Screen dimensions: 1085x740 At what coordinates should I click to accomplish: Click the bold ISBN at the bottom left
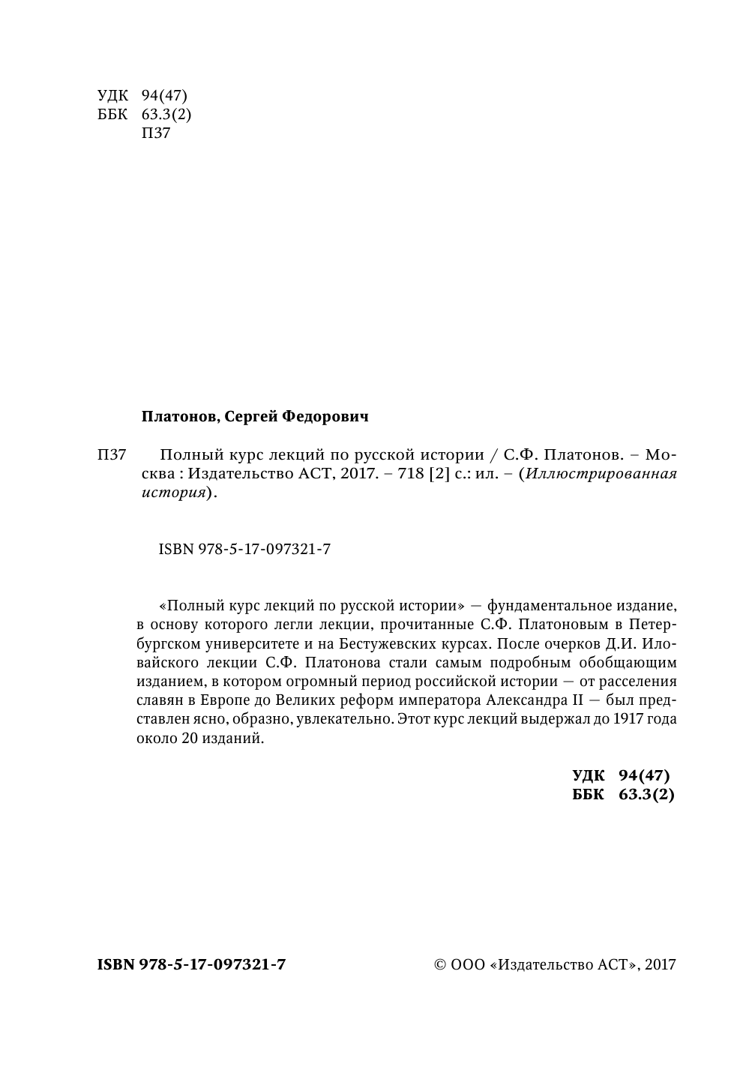[191, 965]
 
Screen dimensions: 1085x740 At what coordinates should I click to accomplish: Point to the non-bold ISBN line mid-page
[244, 550]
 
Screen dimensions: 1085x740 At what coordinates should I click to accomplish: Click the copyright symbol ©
[440, 965]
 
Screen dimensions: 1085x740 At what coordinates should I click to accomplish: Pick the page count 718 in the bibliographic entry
[412, 474]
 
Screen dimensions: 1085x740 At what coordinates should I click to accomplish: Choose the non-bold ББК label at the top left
[112, 115]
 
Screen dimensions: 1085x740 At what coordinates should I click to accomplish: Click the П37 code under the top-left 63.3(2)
[156, 134]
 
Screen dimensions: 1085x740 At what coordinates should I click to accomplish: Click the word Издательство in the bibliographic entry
[232, 474]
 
